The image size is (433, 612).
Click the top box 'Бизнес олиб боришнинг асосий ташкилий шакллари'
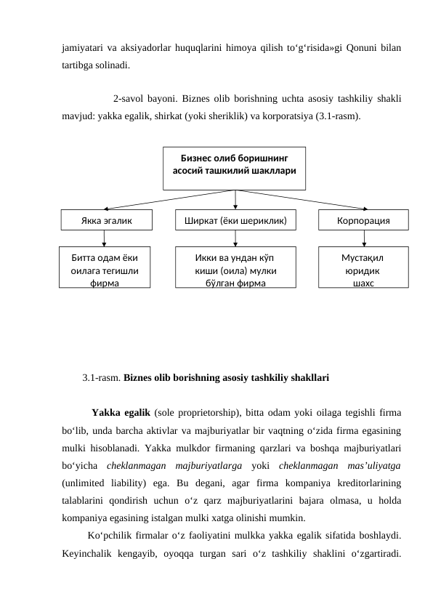pos(235,167)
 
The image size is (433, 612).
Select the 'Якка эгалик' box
pos(106,220)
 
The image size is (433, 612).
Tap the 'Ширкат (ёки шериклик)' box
pos(235,220)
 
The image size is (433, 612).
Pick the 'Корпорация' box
pos(363,220)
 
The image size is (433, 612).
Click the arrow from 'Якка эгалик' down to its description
pos(105,238)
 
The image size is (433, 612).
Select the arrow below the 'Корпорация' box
pos(364,238)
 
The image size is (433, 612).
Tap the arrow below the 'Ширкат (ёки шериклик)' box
pos(235,238)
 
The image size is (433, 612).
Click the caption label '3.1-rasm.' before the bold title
pos(102,378)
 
